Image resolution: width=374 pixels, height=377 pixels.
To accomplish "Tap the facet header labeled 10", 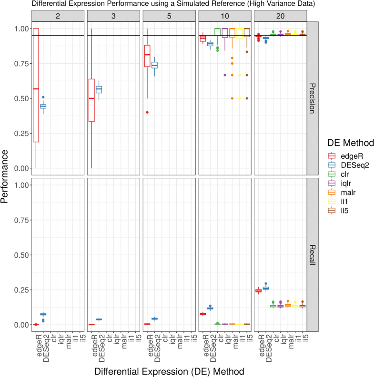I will (x=225, y=15).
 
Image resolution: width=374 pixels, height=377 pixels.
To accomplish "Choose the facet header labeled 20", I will (x=281, y=15).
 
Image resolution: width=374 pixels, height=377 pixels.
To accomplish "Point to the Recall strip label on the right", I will (x=313, y=254).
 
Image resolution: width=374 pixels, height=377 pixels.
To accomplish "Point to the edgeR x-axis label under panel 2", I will (x=36, y=344).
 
